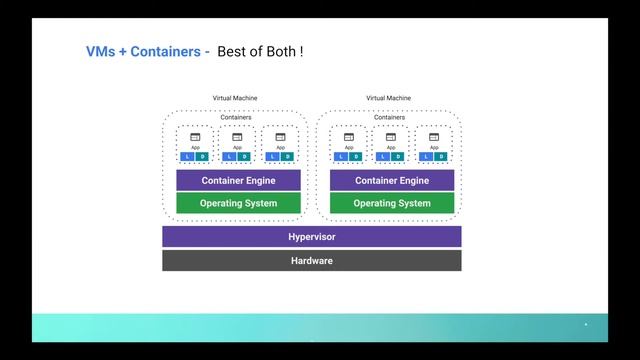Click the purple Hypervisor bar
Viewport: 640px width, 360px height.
tap(312, 237)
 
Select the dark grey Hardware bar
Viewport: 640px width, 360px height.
tap(312, 261)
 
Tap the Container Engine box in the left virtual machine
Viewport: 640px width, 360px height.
tap(238, 181)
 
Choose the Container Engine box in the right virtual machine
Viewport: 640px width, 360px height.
tap(392, 181)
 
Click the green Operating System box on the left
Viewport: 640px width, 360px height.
tap(238, 203)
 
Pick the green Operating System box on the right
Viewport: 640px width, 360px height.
tap(392, 203)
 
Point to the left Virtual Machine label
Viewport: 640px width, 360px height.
tap(235, 98)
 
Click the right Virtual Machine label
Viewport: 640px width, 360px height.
tap(389, 98)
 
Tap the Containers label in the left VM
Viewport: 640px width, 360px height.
tap(236, 117)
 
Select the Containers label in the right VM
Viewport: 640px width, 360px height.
tap(390, 117)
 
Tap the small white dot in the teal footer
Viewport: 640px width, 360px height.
tap(586, 325)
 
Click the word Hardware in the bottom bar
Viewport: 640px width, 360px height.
tap(312, 261)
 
